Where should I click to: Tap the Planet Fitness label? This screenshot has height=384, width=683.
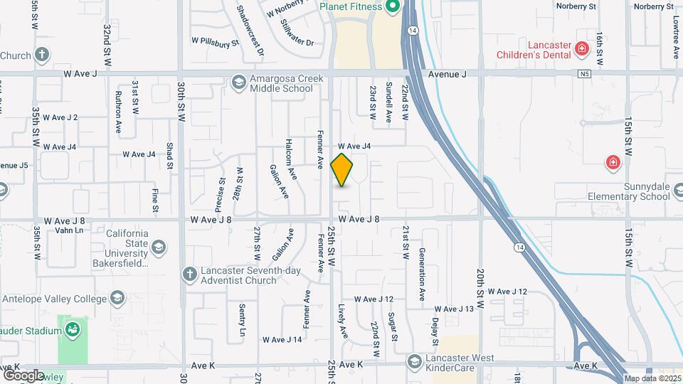(351, 7)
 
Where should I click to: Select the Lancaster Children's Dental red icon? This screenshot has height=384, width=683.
(582, 48)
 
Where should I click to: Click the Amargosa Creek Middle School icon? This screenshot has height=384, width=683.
(238, 83)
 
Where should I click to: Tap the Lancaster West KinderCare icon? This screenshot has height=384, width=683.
(414, 363)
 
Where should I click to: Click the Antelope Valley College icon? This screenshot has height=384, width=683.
(116, 298)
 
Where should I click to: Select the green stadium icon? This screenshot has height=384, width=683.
(72, 329)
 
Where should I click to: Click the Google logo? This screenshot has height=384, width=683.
(23, 375)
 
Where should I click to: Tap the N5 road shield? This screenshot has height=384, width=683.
(585, 73)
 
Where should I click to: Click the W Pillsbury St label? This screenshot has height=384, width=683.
(215, 43)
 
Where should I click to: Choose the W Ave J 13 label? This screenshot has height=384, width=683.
(454, 309)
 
